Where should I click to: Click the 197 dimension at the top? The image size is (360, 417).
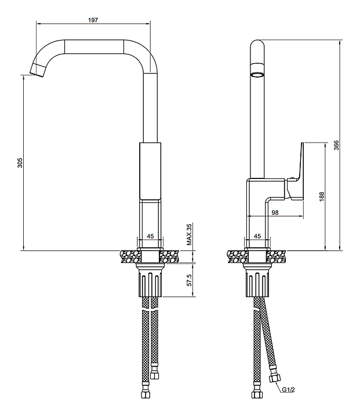coord(93,20)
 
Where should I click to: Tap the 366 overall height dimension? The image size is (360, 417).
coord(336,145)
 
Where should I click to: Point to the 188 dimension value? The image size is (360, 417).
coord(322,196)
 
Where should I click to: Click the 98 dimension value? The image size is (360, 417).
coord(275,213)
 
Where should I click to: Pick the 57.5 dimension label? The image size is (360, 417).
coord(189,281)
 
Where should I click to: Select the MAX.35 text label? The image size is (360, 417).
coord(189,235)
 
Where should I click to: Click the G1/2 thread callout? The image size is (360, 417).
coord(289,389)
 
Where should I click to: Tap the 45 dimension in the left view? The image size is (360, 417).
coord(150,236)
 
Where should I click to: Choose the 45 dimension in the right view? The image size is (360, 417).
coord(258,236)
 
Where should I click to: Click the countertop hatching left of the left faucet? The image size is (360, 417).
coord(128,255)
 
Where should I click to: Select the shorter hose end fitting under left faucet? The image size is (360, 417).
coord(155,374)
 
